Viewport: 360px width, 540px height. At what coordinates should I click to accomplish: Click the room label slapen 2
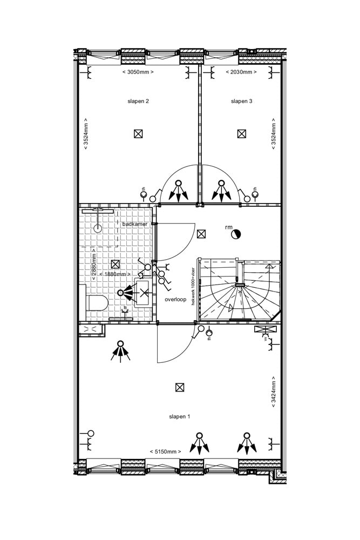click(x=138, y=101)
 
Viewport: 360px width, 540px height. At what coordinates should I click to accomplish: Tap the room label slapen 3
click(x=241, y=101)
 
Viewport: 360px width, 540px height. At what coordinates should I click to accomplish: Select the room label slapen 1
click(x=180, y=416)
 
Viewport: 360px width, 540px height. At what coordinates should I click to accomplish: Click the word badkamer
click(x=135, y=224)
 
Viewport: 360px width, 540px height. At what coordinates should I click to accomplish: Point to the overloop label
click(x=175, y=299)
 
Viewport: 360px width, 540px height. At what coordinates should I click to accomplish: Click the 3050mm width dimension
click(x=138, y=72)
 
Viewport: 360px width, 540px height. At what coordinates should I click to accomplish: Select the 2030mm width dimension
click(x=241, y=72)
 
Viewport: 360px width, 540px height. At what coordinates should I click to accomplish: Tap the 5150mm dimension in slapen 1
click(x=165, y=451)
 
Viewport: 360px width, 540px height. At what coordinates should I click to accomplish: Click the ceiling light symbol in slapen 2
click(x=138, y=134)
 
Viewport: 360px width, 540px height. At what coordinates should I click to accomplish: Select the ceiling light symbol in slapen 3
click(x=241, y=134)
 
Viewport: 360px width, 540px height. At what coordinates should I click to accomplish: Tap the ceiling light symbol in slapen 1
click(x=180, y=387)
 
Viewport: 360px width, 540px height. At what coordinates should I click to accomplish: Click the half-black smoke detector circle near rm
click(x=236, y=234)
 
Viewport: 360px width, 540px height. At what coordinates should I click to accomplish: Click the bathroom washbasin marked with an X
click(x=144, y=294)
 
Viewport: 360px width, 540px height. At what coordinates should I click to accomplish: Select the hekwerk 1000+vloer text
click(x=193, y=286)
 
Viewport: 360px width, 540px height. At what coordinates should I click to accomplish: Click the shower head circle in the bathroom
click(x=98, y=228)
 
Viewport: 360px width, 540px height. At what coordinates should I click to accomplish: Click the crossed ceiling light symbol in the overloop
click(x=201, y=234)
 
